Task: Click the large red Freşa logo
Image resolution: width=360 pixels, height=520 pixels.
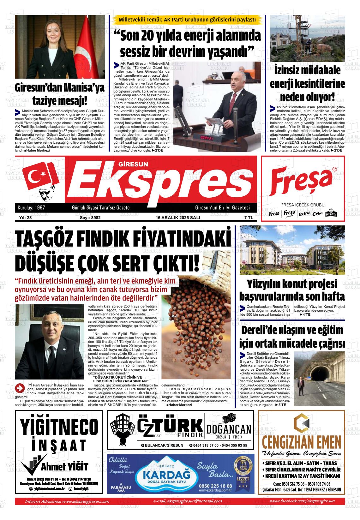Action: coord(303,182)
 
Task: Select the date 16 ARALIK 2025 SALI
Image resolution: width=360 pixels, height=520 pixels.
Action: coord(178,218)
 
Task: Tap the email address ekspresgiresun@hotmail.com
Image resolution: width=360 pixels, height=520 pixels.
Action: coord(187,501)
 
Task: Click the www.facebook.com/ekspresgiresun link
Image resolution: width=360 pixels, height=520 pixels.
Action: coord(302,501)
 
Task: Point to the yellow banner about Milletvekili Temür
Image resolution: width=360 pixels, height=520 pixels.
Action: coord(187,20)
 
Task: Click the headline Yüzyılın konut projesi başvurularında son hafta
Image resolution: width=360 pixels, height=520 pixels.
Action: coord(292,290)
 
